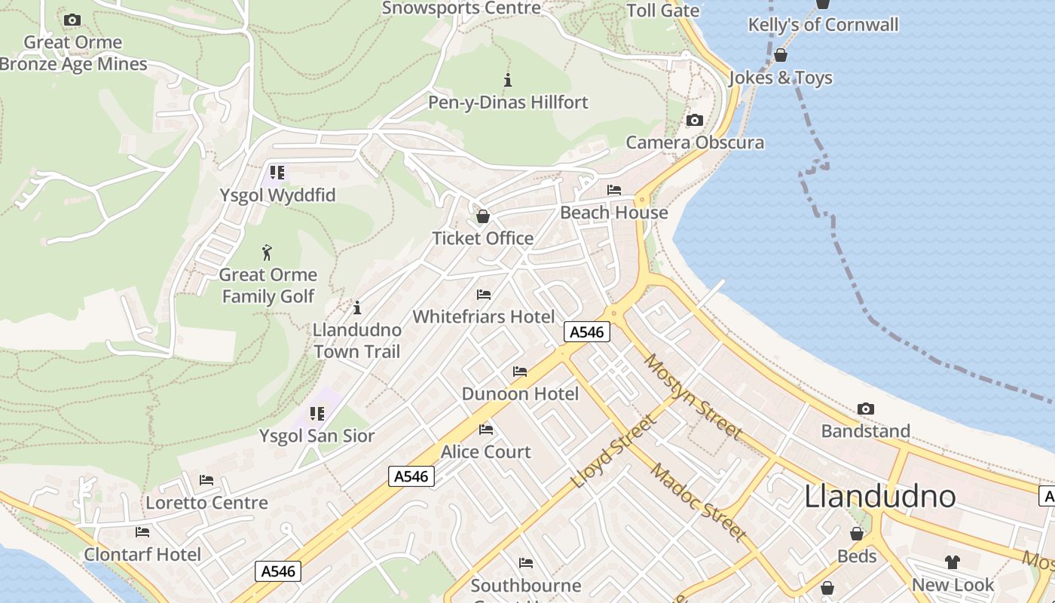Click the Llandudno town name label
880,497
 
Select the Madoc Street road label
699,500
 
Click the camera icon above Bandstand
866,409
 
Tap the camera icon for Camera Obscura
695,121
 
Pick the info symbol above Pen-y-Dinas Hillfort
508,80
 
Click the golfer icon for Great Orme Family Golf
268,253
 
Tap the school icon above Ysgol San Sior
317,414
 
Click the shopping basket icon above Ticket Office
483,217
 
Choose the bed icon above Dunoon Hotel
520,372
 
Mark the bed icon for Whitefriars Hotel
484,294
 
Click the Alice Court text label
486,452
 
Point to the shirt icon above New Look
953,562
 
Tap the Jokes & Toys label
781,78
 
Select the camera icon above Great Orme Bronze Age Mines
72,20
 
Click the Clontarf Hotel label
142,555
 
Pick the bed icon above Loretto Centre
206,480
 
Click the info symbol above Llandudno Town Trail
357,308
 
